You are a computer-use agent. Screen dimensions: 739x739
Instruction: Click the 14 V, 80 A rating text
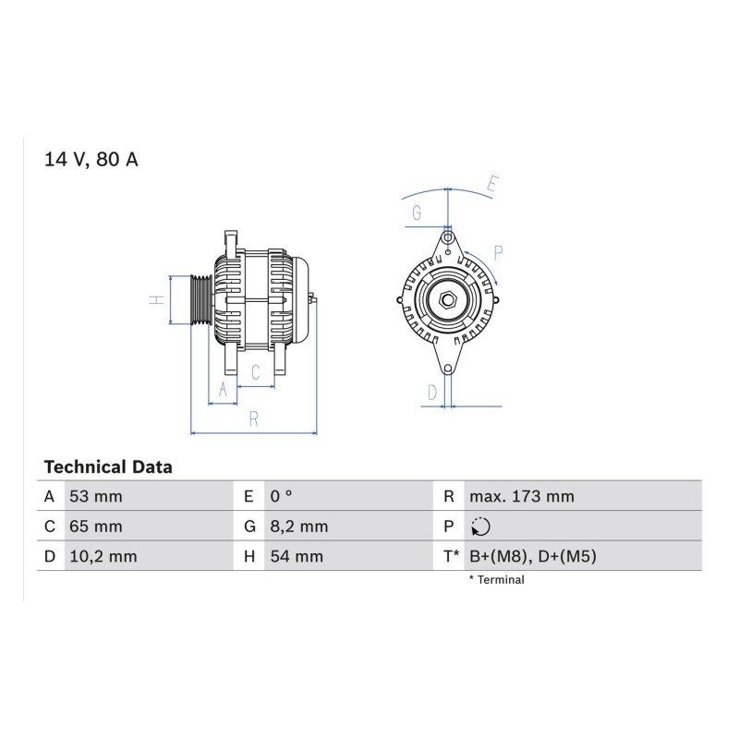(91, 159)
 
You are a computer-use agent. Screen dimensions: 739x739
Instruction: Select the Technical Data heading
(108, 467)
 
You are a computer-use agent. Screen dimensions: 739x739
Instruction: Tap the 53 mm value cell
(96, 496)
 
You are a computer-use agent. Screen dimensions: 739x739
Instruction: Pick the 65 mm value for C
(96, 526)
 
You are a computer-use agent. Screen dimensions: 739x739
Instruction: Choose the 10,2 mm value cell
(103, 556)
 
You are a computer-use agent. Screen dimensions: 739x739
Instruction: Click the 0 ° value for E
(281, 496)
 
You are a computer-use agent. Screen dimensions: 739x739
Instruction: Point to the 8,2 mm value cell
(298, 526)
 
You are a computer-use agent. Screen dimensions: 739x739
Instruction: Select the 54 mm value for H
(297, 556)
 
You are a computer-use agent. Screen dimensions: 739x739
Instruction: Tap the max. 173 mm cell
(522, 496)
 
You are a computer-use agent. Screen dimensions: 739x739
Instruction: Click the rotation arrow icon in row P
(480, 527)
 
